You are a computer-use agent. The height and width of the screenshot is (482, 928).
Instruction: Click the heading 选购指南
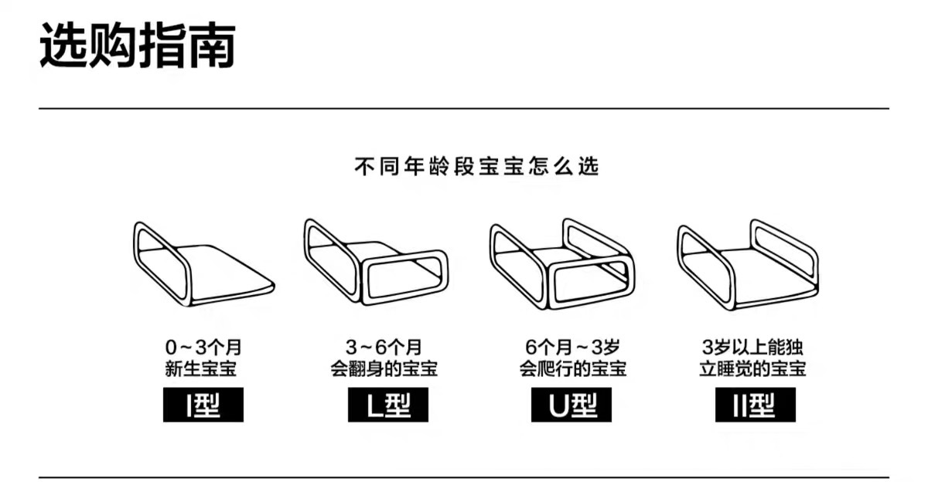pos(138,44)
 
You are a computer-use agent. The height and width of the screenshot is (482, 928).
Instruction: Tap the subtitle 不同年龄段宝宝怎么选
pos(476,166)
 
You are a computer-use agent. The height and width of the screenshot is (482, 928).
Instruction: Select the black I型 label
pos(203,405)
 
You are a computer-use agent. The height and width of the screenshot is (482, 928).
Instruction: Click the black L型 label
pos(387,405)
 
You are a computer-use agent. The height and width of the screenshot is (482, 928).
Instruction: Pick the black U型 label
pos(571,405)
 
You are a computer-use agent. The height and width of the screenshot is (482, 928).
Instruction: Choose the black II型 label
pos(754,405)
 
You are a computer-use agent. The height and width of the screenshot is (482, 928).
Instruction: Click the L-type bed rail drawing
pos(374,263)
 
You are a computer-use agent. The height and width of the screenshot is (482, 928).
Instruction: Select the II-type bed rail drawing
pos(747,263)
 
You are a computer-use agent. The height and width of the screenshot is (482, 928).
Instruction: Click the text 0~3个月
pos(203,347)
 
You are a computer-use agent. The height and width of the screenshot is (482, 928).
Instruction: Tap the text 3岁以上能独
pos(752,347)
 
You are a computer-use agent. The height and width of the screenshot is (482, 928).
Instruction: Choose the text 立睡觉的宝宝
pos(752,368)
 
